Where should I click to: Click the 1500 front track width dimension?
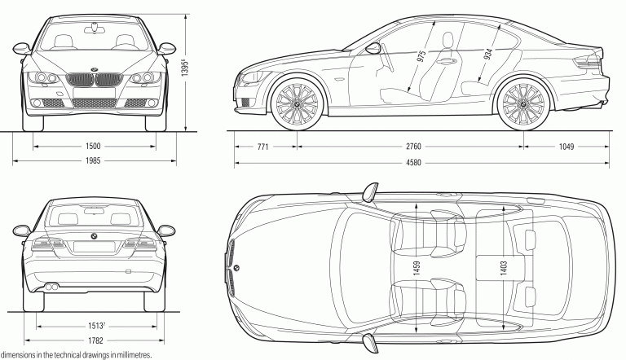pos(92,147)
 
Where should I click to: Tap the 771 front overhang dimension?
pos(263,147)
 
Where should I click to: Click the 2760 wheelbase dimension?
pos(412,147)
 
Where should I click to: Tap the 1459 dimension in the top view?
pos(417,268)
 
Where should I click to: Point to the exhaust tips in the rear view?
pos(51,287)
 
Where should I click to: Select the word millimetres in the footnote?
pos(130,355)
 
